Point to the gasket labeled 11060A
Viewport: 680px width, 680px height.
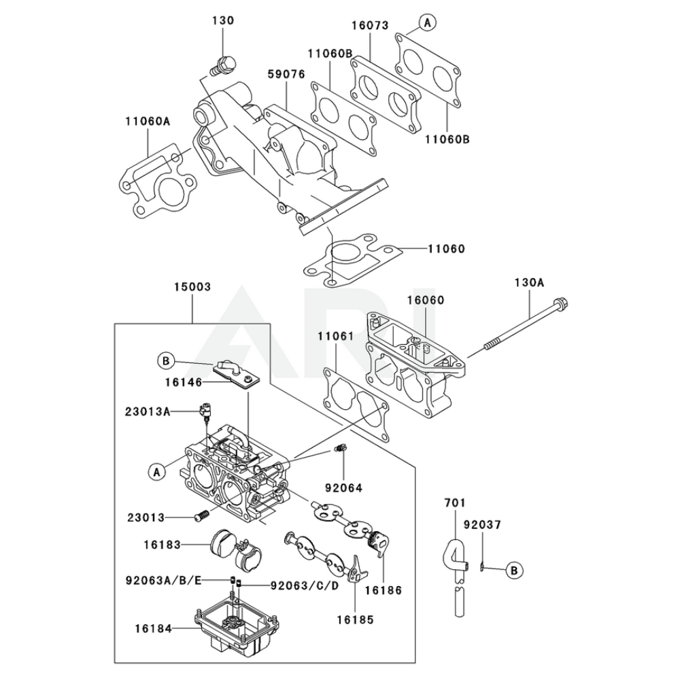pyautogui.click(x=156, y=184)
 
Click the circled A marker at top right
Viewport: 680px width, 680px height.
pyautogui.click(x=427, y=23)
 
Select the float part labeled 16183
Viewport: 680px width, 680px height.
pyautogui.click(x=231, y=547)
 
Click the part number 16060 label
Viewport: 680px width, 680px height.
pyautogui.click(x=426, y=300)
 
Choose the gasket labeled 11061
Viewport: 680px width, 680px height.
pyautogui.click(x=354, y=401)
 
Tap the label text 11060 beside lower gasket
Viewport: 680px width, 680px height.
pyautogui.click(x=446, y=249)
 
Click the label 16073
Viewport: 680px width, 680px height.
pyautogui.click(x=370, y=26)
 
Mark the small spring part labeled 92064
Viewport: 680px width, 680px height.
pyautogui.click(x=343, y=449)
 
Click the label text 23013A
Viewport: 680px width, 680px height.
pyautogui.click(x=147, y=411)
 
